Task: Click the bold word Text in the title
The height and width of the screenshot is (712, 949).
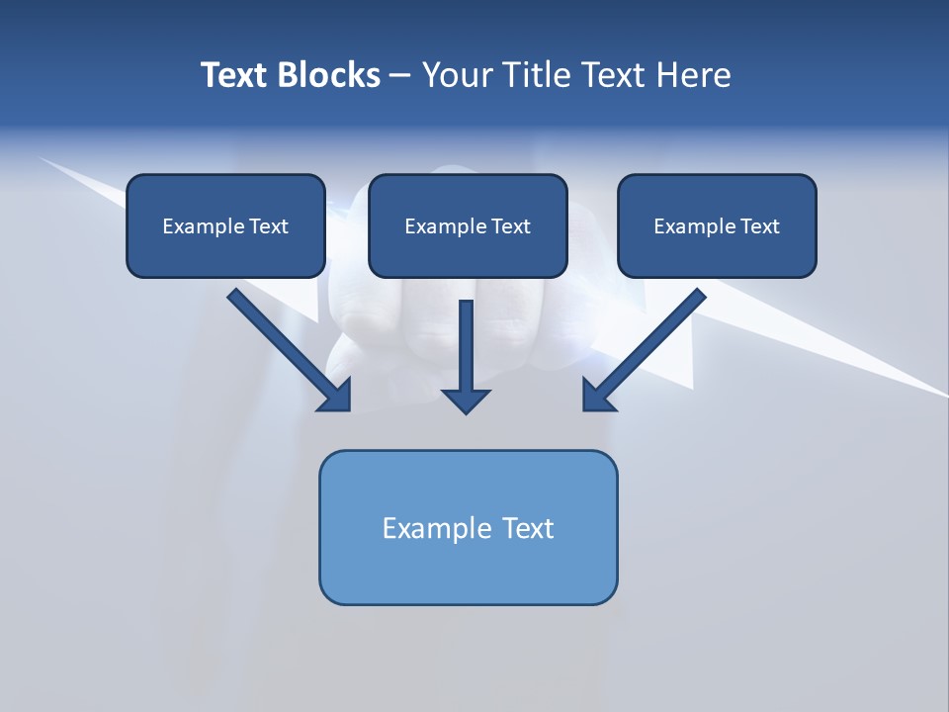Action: click(233, 75)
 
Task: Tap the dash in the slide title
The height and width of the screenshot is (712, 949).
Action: click(400, 75)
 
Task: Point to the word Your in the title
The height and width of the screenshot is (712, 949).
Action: click(457, 75)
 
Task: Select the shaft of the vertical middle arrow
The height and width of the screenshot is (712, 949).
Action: click(466, 341)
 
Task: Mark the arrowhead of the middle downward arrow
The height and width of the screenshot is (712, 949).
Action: click(466, 400)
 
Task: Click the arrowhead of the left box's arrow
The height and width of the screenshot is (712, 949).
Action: click(337, 397)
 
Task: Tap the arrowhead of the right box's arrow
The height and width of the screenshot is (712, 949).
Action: click(597, 397)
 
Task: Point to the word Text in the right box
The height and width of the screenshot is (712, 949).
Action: click(759, 226)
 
